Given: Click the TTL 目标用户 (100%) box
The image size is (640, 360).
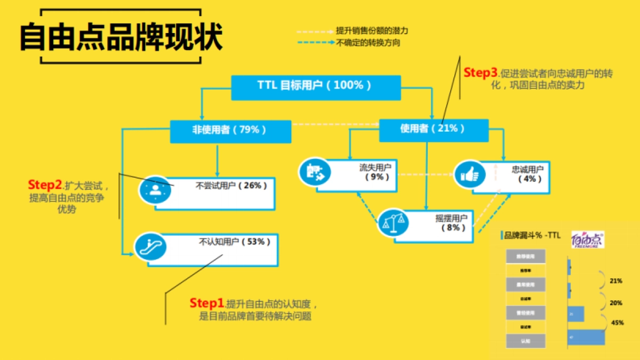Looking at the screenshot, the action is point(315,87).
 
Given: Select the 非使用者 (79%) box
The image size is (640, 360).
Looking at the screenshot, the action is point(230,131).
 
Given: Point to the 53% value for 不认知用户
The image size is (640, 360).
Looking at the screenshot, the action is point(256,242).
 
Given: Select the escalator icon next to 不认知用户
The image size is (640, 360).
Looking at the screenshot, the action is point(150,247).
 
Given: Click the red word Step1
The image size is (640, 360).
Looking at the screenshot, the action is point(207,303).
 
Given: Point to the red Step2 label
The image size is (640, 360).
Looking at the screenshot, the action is point(45,185).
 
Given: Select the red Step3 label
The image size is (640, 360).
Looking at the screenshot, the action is point(481,73).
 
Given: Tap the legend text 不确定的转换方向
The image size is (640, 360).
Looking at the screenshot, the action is point(368,43).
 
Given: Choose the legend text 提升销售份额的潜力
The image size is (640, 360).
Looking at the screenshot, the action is point(372,30).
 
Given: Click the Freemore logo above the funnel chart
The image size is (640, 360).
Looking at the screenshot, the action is point(587,240).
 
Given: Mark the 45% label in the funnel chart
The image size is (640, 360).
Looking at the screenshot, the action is point(617,322).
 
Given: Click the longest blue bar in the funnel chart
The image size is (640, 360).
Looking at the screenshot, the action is point(586,338).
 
